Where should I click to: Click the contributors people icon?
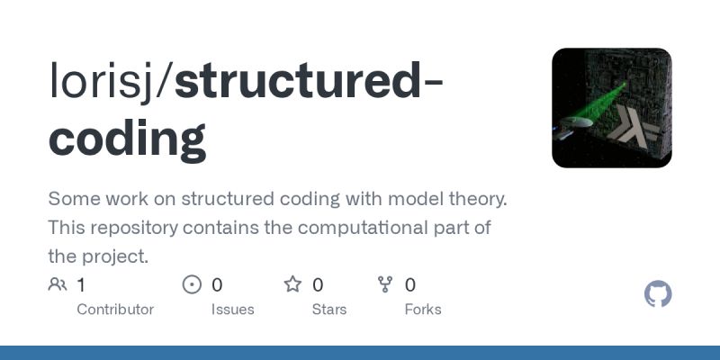point(58,285)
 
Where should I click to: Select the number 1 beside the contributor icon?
point(81,285)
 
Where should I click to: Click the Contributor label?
point(115,310)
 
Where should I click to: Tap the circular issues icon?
point(192,285)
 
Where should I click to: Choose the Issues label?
point(232,310)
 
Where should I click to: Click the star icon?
point(292,285)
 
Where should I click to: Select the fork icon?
point(385,285)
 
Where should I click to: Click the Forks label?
point(422,310)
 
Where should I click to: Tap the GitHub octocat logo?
point(659,294)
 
